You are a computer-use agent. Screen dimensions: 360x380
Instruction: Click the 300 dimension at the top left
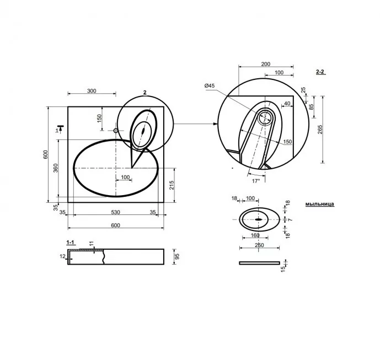92,91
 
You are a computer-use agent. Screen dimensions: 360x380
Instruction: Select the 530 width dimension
115,211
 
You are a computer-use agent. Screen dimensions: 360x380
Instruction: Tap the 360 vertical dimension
55,168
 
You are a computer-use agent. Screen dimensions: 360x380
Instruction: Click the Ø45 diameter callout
209,85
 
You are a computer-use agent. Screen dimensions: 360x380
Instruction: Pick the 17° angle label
255,180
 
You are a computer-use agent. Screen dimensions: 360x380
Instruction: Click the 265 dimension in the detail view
320,129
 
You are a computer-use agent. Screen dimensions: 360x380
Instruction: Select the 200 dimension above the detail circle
265,64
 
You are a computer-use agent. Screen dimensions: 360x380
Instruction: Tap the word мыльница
320,203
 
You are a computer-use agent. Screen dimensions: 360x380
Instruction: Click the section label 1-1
71,242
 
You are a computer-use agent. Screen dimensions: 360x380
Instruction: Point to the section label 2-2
320,72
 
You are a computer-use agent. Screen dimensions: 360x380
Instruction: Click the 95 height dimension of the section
176,257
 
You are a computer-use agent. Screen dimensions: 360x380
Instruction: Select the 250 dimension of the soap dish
259,245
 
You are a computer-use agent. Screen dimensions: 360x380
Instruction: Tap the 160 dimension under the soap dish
255,235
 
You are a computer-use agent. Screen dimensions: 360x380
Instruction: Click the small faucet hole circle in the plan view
115,131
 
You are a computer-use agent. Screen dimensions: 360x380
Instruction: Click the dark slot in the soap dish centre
258,219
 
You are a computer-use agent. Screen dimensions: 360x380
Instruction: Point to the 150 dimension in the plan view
99,119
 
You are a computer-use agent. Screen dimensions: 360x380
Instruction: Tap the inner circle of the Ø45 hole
265,117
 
